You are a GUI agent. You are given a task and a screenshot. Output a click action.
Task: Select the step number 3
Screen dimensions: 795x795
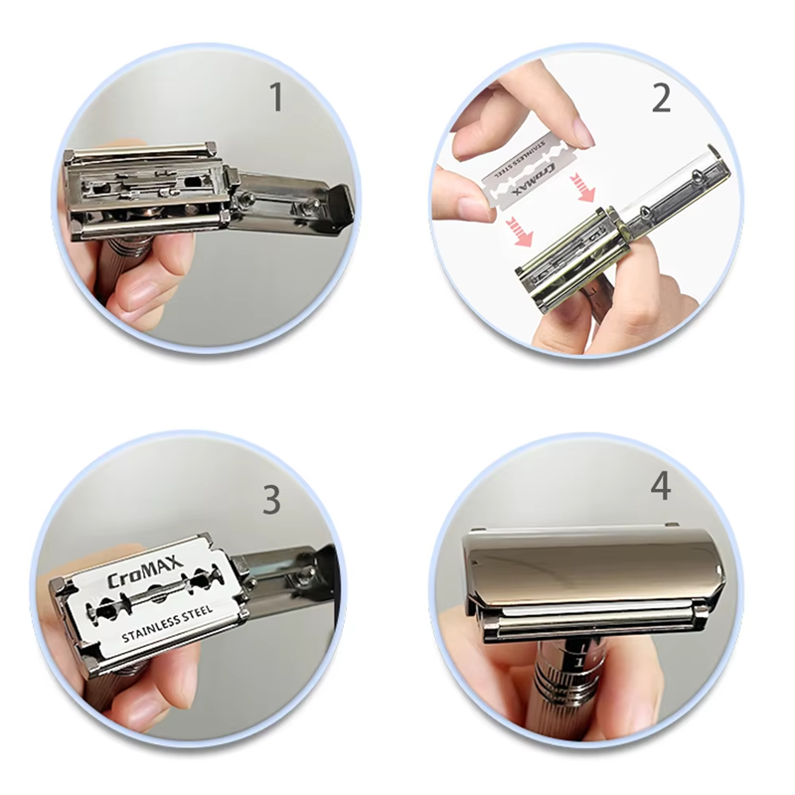point(271,500)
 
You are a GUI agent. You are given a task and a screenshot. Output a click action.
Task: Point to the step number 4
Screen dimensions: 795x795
point(661,487)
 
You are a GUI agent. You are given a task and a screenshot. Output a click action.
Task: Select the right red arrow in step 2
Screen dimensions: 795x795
point(584,186)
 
